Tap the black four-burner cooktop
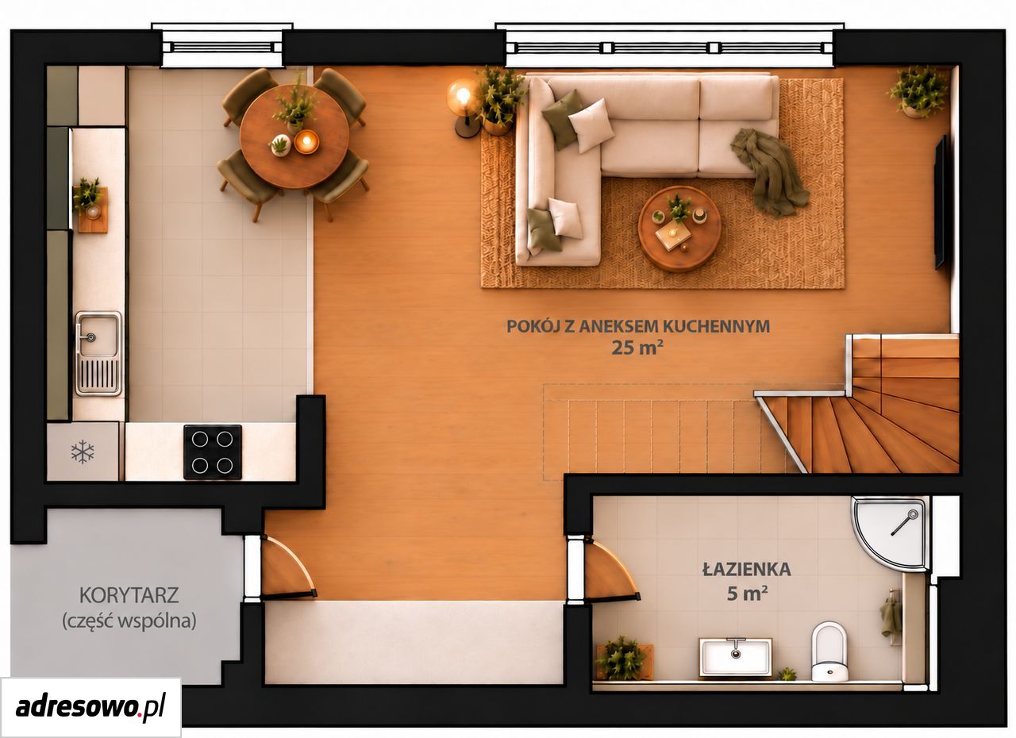point(212,452)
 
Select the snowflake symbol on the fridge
point(83,452)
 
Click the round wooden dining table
point(294,136)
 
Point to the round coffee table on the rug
point(679,229)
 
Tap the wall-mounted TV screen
point(939,202)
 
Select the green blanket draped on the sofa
point(770,172)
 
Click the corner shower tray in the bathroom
point(888,532)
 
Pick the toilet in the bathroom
point(829,652)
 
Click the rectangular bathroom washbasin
point(735,657)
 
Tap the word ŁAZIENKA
point(747,569)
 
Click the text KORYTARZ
point(129,595)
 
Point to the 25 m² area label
point(637,348)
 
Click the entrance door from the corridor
point(288,567)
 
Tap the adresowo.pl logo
point(90,706)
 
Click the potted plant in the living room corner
point(918,93)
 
